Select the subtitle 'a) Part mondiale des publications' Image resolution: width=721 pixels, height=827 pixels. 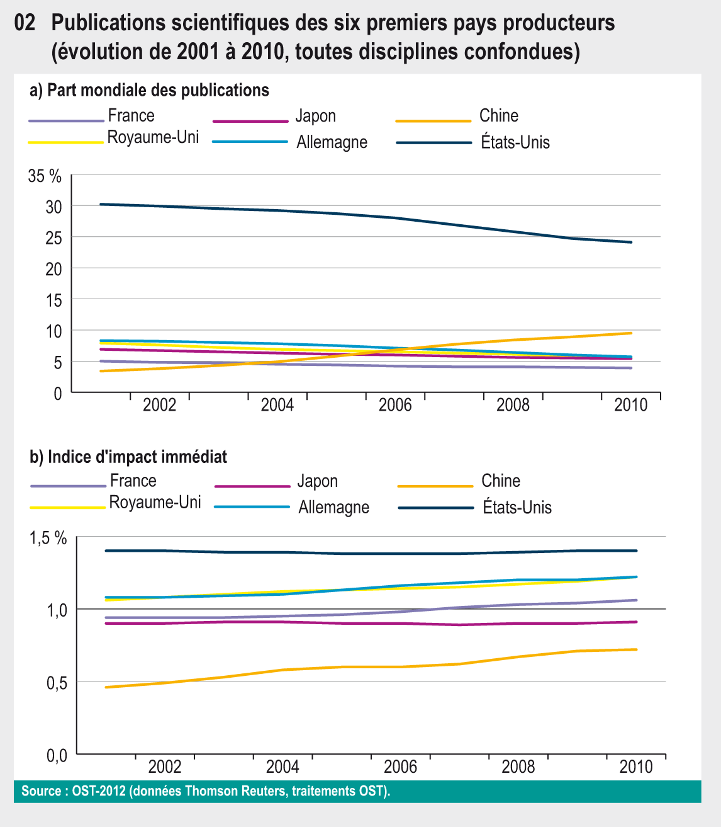tap(150, 90)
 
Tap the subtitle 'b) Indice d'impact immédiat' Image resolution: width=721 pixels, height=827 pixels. tap(129, 457)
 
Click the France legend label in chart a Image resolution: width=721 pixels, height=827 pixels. tap(131, 116)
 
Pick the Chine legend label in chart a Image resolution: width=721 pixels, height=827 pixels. tap(499, 116)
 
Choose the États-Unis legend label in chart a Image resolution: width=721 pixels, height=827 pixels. tap(515, 142)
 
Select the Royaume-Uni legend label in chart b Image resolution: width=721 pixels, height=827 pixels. tap(155, 503)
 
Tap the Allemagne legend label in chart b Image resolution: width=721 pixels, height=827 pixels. tap(333, 508)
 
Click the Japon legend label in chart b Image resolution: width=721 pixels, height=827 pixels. tap(318, 481)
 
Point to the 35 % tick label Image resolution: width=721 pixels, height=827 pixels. tap(45, 176)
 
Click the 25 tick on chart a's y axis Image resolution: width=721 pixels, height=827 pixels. tap(54, 237)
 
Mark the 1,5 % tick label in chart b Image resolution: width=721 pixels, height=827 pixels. tap(48, 538)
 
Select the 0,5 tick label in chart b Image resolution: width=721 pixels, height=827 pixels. tap(57, 683)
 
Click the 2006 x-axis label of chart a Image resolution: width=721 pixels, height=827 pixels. tap(395, 404)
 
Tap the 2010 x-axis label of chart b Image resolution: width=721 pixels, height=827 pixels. tap(636, 767)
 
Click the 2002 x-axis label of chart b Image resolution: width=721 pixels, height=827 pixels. tap(165, 767)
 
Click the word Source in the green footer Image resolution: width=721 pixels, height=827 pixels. tap(40, 791)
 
